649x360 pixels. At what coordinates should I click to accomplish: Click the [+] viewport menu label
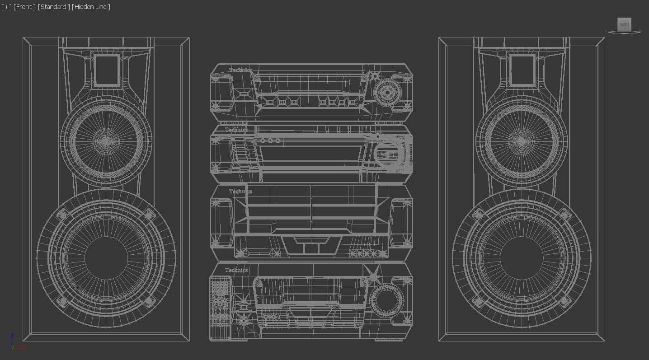coord(6,7)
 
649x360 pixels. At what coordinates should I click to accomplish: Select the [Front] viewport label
coord(24,7)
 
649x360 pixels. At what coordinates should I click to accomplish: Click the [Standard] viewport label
coord(54,7)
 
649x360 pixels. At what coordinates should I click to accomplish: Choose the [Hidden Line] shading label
coord(91,7)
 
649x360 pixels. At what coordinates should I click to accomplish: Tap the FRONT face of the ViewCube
coord(624,25)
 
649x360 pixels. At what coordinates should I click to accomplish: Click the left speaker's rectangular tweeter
coord(107,70)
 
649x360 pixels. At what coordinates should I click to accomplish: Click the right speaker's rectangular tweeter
coord(522,70)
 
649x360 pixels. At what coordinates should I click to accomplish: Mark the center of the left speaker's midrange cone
coord(106,141)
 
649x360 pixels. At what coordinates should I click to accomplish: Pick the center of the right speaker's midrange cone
coord(521,141)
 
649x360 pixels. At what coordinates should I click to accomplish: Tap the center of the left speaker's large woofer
coord(106,257)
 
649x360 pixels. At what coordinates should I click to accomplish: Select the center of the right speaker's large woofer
coord(522,257)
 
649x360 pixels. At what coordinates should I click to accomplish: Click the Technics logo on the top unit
coord(240,70)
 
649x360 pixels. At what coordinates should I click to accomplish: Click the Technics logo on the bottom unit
coord(236,270)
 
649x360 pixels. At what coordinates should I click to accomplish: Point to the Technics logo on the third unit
coord(240,192)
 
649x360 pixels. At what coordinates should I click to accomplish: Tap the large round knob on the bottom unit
coord(387,300)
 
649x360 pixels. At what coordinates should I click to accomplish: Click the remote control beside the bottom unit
coord(220,307)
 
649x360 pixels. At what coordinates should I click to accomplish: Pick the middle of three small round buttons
coord(270,141)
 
